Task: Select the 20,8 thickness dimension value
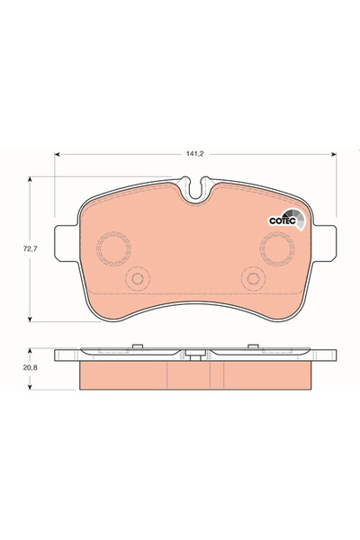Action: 16,368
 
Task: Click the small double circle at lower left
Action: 136,279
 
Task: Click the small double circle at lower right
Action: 255,279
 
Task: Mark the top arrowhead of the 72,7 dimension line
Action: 32,179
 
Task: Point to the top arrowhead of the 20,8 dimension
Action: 32,351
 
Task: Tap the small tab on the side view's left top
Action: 136,346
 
